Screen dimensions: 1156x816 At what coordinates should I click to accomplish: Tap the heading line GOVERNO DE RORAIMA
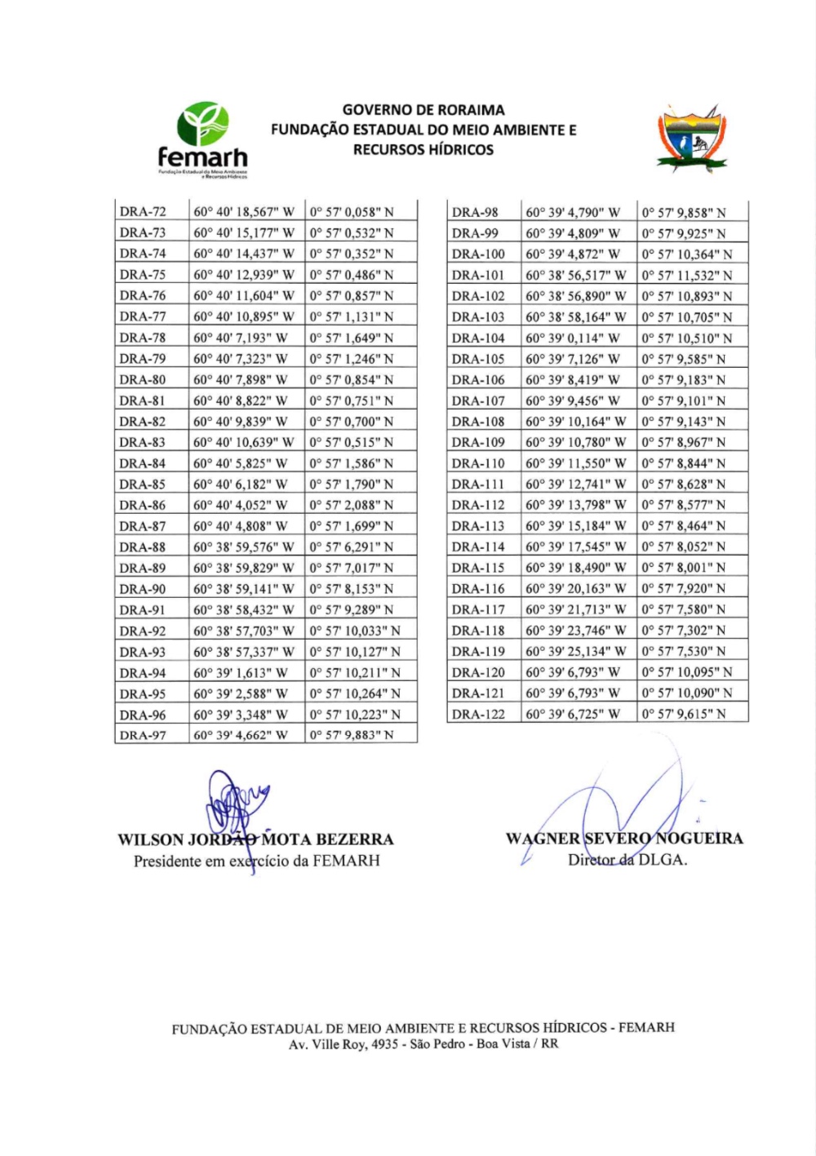coord(424,110)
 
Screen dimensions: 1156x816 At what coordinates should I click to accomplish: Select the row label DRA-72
coord(143,212)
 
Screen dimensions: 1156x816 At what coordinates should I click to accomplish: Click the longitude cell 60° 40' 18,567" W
coord(244,212)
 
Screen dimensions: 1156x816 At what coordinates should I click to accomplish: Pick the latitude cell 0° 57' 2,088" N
coord(351,506)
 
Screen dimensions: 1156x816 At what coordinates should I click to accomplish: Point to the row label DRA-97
coord(143,736)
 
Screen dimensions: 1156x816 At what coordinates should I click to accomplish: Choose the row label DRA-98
coord(475,213)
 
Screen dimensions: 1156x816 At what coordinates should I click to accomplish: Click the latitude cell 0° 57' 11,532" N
coord(686,276)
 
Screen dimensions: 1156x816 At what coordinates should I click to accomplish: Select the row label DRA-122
coord(478,715)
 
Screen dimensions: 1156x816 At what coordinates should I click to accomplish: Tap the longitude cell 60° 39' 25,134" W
coord(575,652)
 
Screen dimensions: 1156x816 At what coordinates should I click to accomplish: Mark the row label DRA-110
coord(478,463)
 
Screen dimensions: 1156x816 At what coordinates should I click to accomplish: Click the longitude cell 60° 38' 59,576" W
coord(244,547)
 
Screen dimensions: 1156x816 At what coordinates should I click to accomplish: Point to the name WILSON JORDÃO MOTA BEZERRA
coord(255,840)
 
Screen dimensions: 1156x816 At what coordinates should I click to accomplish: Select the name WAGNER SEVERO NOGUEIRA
coord(624,839)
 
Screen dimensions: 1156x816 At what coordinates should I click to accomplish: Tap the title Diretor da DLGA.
coord(628,860)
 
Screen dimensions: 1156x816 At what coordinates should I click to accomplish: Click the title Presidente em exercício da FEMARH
coord(256,861)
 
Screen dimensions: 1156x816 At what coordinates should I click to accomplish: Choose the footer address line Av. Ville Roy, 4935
coord(424,1045)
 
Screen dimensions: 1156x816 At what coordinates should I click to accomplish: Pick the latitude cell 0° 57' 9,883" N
coord(351,736)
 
